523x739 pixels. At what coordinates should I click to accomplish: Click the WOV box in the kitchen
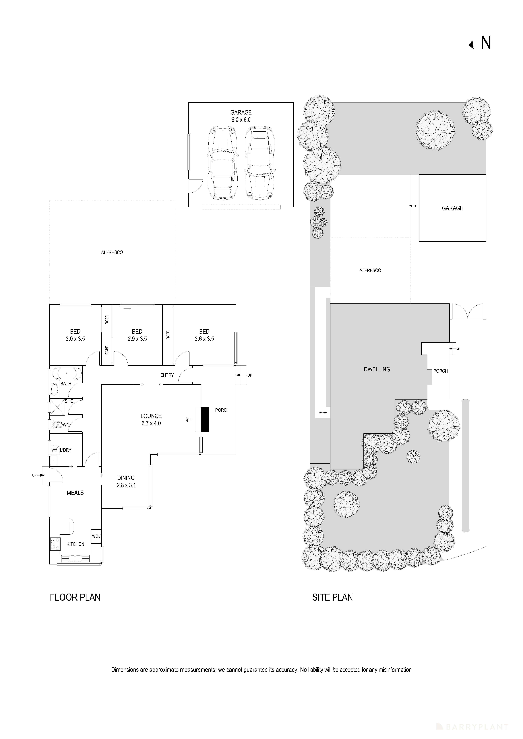point(96,536)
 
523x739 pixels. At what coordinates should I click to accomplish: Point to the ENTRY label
point(167,375)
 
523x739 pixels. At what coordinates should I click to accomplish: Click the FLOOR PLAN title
point(75,597)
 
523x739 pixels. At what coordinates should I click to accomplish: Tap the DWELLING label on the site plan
point(377,369)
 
